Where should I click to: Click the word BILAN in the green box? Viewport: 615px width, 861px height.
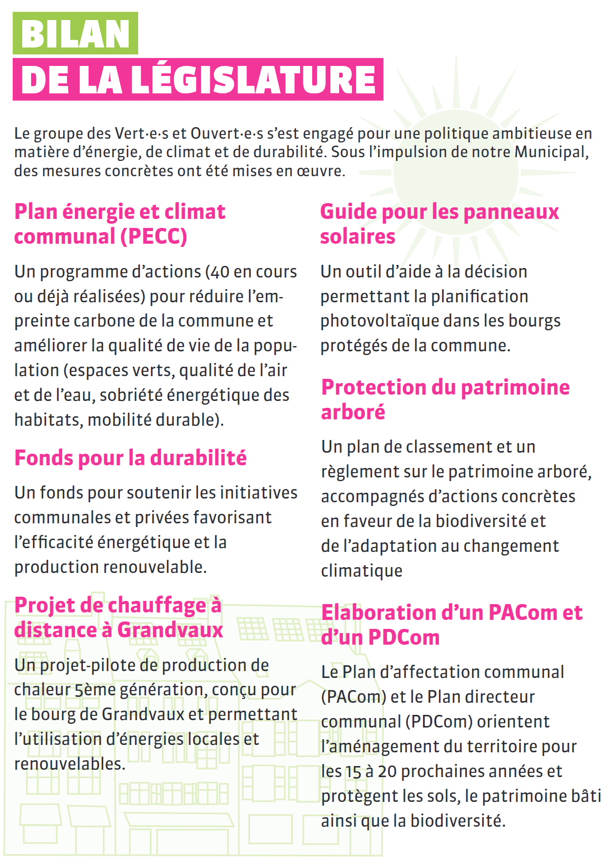click(x=75, y=34)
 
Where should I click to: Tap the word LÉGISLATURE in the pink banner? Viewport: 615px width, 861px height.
click(x=254, y=80)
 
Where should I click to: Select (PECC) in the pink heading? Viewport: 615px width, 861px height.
click(x=153, y=236)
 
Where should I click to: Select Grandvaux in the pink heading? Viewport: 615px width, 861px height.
click(x=170, y=630)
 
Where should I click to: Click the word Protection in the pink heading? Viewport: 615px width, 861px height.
click(x=373, y=387)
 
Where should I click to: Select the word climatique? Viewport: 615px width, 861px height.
click(x=362, y=571)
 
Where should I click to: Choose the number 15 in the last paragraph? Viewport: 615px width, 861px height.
click(x=353, y=771)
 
